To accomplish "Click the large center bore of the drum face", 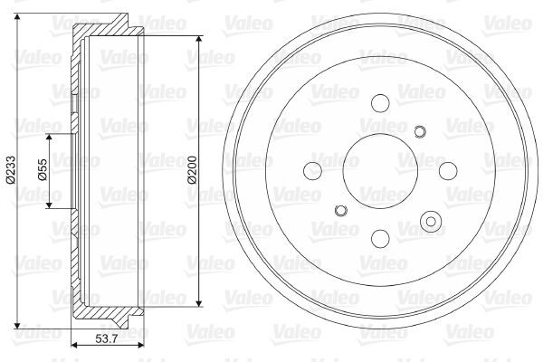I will pyautogui.click(x=379, y=170).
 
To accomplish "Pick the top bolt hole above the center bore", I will pyautogui.click(x=379, y=103).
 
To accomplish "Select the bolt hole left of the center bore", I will pyautogui.click(x=313, y=170).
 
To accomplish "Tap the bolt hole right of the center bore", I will pyautogui.click(x=446, y=170).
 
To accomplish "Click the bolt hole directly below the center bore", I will pyautogui.click(x=379, y=237).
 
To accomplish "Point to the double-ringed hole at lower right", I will pyautogui.click(x=431, y=222).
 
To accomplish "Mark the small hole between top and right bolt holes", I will pyautogui.click(x=419, y=132).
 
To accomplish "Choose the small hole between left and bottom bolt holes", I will pyautogui.click(x=340, y=211).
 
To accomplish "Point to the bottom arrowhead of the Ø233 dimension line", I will pyautogui.click(x=18, y=325).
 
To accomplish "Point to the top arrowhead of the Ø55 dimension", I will pyautogui.click(x=51, y=137).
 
